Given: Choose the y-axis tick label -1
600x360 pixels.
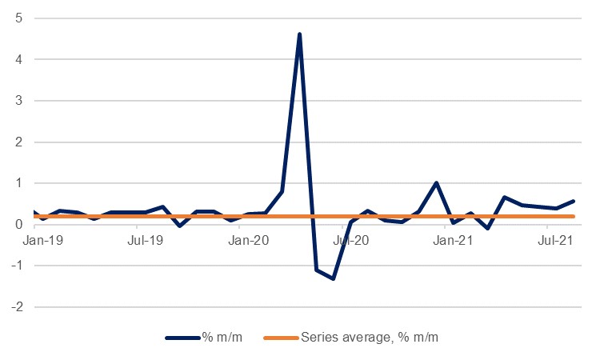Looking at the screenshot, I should pos(14,266).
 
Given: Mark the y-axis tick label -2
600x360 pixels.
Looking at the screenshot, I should pos(14,307).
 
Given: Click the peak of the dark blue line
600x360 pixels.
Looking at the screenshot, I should pos(299,34).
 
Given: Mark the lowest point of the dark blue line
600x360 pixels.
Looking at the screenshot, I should pos(333,278).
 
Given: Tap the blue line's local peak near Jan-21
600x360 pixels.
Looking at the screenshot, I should pos(436,183).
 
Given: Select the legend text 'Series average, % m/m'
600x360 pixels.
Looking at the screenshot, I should pos(370,338).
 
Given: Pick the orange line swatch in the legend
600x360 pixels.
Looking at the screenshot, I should pos(282,338).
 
